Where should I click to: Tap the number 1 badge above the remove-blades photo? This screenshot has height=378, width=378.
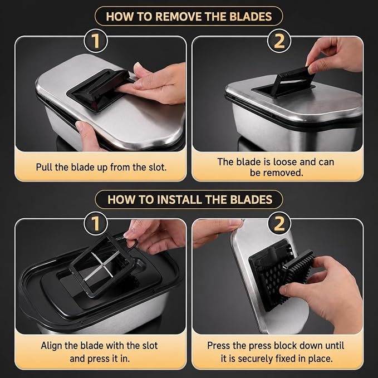pos(96,41)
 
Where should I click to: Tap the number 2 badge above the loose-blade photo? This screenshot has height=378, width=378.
pos(279,41)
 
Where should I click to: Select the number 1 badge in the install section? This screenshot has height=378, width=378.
pos(96,223)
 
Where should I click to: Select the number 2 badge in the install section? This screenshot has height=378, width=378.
pos(279,223)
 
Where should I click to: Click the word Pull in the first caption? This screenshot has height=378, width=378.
pos(44,167)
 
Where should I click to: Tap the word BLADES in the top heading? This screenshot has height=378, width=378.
pos(251,17)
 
